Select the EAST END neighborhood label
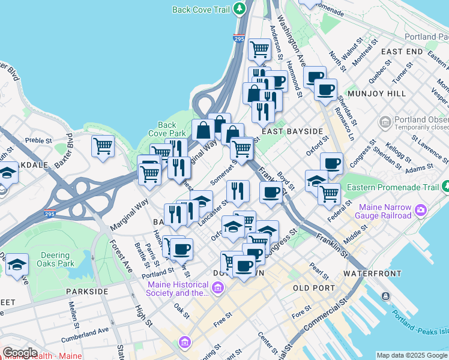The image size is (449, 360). (x=401, y=52)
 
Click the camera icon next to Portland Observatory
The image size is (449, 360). (x=385, y=122)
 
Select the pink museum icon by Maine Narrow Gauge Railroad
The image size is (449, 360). (x=421, y=210)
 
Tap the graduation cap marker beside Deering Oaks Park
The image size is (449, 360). (x=17, y=263)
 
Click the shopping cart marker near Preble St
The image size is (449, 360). (x=103, y=145)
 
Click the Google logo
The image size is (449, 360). (x=20, y=353)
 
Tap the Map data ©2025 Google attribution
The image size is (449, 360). (x=412, y=355)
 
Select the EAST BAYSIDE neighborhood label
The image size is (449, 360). (x=292, y=131)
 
